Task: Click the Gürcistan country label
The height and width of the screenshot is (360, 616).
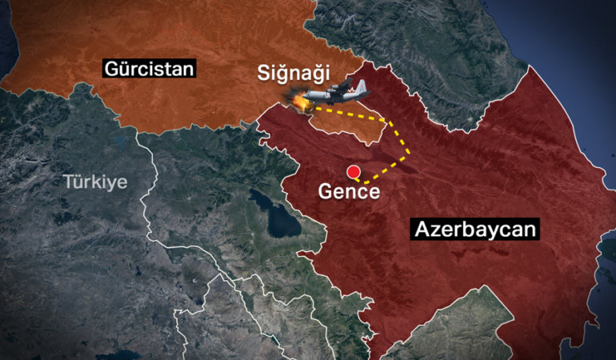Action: [149, 69]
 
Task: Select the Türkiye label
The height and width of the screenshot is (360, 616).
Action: [95, 182]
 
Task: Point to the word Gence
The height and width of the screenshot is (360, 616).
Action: [349, 192]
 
